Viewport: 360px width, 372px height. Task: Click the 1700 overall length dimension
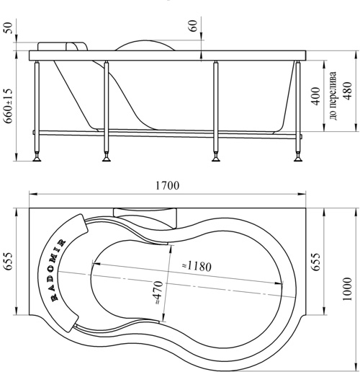167,185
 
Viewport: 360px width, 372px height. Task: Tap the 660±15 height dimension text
9,106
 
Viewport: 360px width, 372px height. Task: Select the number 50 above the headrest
8,28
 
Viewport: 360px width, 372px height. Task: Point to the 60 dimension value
193,25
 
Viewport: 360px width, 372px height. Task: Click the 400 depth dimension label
316,96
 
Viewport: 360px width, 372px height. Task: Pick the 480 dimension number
347,91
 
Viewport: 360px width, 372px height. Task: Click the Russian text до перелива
333,96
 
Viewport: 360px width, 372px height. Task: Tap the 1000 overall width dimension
347,289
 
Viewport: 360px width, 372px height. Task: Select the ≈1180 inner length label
197,266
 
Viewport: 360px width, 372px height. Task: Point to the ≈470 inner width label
158,293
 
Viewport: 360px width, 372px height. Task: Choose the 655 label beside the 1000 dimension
316,262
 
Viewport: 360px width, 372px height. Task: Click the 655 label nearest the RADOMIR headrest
8,261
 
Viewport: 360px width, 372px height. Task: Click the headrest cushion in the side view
63,46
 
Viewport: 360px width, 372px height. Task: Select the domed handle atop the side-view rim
145,45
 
